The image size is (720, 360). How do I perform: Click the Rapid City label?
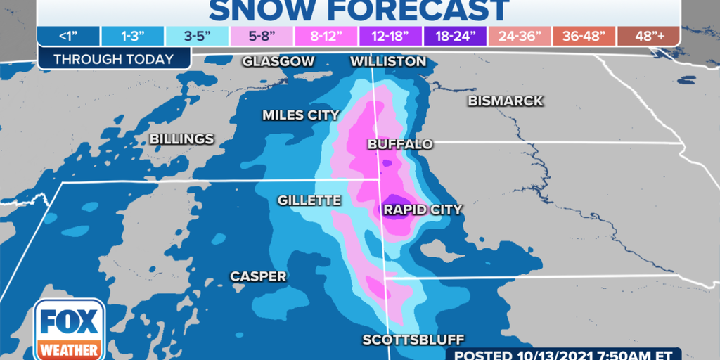tap(423, 209)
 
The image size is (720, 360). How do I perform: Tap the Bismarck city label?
tap(506, 101)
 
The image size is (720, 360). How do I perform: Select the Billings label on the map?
tap(181, 139)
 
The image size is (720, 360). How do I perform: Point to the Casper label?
tap(259, 276)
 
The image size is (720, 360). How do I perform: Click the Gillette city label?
tap(309, 200)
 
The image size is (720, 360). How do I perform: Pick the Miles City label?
tap(301, 115)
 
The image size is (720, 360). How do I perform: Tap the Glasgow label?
tap(278, 61)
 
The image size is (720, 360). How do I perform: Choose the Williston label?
tap(388, 61)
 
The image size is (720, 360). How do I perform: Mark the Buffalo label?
tap(400, 144)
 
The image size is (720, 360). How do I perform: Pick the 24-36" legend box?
tap(519, 35)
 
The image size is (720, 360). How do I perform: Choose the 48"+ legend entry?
tap(649, 35)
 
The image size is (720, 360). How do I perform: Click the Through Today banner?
tap(113, 59)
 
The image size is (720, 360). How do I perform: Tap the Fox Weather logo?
tap(68, 329)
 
